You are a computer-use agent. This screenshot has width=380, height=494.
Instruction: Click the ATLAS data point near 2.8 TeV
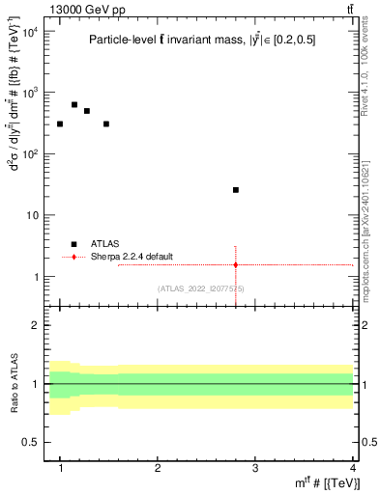click(236, 190)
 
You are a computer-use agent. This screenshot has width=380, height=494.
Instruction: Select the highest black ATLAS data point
click(74, 104)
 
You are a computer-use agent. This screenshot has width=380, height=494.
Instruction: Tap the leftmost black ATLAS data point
click(60, 123)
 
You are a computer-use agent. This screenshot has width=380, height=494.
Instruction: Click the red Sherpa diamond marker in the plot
click(236, 264)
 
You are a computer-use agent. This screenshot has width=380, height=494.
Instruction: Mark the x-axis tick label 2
click(158, 467)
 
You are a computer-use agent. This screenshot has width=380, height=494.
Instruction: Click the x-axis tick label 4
click(352, 467)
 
